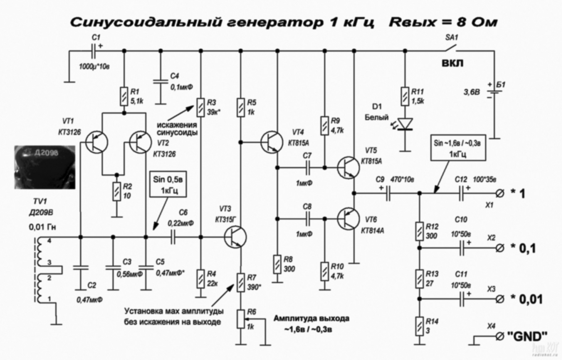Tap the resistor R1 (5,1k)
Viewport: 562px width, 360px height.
pos(124,97)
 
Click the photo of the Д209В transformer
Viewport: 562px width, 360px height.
pos(45,167)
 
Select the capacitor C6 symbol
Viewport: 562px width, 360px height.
pos(173,237)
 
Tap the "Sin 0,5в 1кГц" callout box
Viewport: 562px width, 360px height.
pos(168,184)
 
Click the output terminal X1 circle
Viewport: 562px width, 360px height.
pos(500,194)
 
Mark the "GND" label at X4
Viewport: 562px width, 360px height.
pos(527,336)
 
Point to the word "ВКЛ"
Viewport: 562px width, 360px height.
pos(453,63)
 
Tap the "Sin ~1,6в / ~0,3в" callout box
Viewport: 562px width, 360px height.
pos(458,148)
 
